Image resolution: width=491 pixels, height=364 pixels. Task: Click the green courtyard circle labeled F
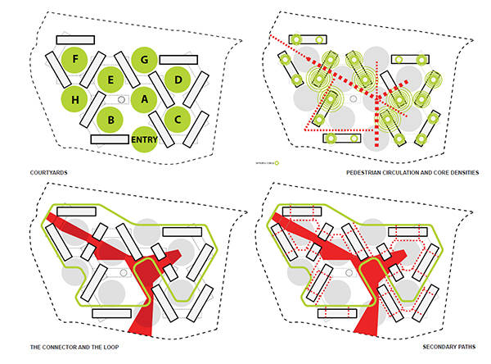[x=76, y=59]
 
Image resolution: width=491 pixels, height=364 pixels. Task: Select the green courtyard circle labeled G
[x=144, y=59]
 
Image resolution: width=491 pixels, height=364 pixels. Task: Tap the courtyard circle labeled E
[x=110, y=80]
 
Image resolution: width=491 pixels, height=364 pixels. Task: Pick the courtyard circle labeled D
[x=178, y=79]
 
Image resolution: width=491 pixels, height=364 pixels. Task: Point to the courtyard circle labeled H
[x=75, y=99]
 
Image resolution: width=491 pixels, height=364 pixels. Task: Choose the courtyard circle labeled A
[x=144, y=99]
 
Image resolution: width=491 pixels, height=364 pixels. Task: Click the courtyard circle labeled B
[x=110, y=120]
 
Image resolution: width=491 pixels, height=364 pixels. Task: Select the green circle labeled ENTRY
[x=144, y=139]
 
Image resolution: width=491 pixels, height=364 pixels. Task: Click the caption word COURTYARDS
[x=45, y=173]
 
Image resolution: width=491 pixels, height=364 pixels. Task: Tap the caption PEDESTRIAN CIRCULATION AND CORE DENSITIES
[x=412, y=173]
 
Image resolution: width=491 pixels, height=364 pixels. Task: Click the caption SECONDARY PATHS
[x=451, y=348]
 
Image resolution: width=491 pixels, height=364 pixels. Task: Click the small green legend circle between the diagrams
[x=277, y=162]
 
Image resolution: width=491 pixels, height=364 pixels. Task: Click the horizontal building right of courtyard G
[x=178, y=59]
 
